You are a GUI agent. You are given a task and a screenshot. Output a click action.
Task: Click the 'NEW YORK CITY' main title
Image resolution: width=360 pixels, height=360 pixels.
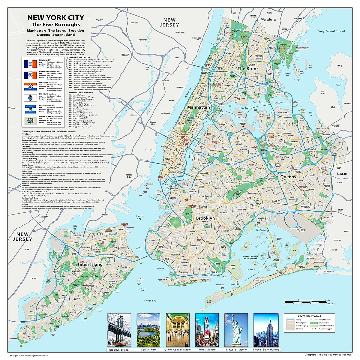pyautogui.click(x=55, y=18)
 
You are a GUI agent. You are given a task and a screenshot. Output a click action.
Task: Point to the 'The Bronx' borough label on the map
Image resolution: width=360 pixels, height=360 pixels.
pyautogui.click(x=248, y=69)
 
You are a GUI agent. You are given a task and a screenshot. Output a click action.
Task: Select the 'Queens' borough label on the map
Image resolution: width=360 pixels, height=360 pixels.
pyautogui.click(x=288, y=177)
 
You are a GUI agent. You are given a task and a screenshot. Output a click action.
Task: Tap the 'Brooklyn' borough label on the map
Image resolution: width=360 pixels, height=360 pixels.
pyautogui.click(x=205, y=218)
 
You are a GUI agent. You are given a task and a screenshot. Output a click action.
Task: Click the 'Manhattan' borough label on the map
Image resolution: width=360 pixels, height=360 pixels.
pyautogui.click(x=199, y=107)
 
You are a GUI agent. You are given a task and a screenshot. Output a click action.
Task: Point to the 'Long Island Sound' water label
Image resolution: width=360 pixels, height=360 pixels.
pyautogui.click(x=331, y=31)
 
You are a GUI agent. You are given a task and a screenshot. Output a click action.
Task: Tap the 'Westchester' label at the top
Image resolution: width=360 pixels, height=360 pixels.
pyautogui.click(x=269, y=19)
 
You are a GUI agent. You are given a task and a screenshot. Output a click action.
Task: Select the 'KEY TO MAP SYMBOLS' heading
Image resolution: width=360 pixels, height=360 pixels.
pyautogui.click(x=309, y=316)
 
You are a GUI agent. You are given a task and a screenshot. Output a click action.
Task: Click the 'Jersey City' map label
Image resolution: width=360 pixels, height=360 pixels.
pyautogui.click(x=129, y=176)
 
